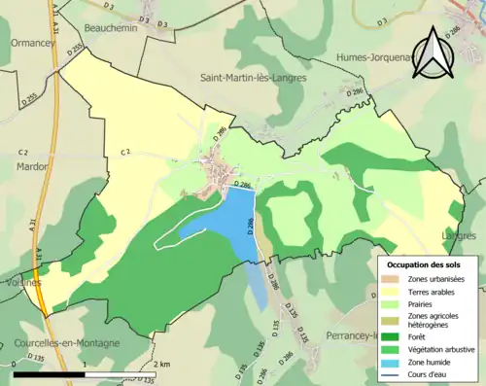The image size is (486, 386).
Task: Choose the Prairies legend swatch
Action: pos(391,302)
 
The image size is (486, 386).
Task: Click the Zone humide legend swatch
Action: pos(391,362)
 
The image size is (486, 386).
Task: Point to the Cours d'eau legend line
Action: pos(391,373)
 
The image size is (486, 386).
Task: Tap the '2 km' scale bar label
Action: pos(162,364)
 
